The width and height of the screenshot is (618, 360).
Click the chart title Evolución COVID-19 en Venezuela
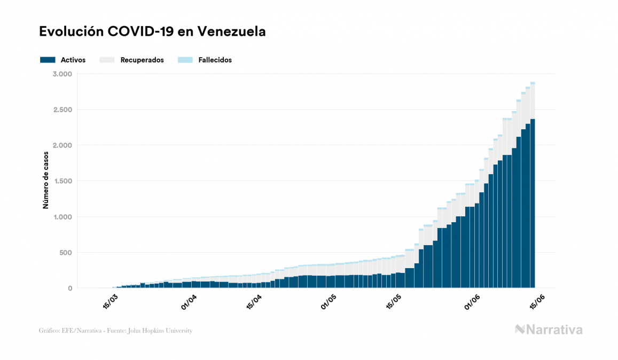pos(153,32)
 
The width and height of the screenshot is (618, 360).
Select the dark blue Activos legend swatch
pos(48,60)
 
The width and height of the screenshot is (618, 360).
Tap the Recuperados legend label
pos(142,60)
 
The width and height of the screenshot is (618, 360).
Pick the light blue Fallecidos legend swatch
pos(185,60)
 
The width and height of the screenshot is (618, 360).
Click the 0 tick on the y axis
pos(69,288)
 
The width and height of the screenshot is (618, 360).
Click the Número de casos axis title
pos(46,179)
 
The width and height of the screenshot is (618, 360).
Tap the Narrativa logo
pos(549,330)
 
